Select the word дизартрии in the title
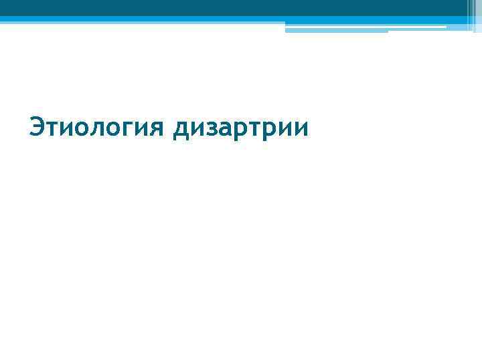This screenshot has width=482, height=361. tap(241, 126)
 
